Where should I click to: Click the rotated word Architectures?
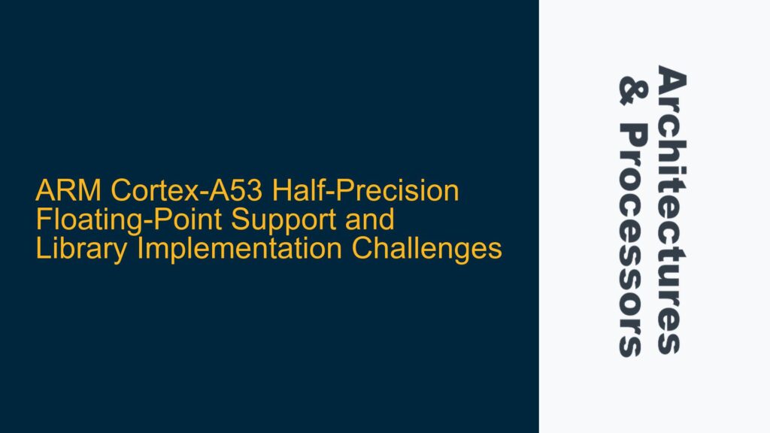[x=671, y=210]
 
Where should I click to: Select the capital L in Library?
[x=41, y=250]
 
